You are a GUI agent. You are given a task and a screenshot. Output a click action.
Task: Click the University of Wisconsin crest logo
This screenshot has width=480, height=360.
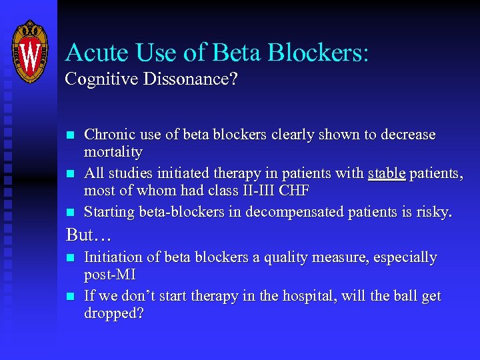pyautogui.click(x=31, y=51)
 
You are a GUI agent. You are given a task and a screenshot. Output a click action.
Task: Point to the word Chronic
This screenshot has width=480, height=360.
pyautogui.click(x=106, y=135)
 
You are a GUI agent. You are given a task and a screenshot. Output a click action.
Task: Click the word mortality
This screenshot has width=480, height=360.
pyautogui.click(x=113, y=153)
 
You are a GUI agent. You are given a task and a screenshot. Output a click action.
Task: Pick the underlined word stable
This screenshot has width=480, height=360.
pyautogui.click(x=387, y=174)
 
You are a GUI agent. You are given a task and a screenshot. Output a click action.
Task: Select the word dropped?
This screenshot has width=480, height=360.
pyautogui.click(x=114, y=314)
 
